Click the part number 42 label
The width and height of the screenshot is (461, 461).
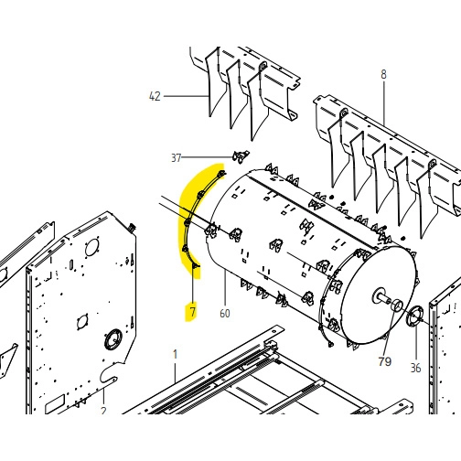(155, 96)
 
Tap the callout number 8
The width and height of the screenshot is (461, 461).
(383, 74)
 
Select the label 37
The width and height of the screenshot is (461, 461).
(176, 158)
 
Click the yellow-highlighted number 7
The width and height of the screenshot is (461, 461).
(193, 312)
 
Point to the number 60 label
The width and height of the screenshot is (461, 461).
(225, 313)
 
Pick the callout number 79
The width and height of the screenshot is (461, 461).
(384, 361)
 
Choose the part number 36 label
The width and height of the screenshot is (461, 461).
(415, 368)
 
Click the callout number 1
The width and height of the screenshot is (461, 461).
(175, 355)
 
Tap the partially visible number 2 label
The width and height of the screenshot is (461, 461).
(103, 411)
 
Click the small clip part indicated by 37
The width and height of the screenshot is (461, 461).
(241, 156)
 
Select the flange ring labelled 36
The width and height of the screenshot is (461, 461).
(414, 316)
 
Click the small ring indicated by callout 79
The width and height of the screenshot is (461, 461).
(397, 306)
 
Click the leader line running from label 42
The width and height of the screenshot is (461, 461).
(186, 96)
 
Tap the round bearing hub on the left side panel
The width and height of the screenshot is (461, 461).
(113, 339)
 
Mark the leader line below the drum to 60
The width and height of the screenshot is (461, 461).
(225, 287)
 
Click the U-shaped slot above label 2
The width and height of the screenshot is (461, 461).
(108, 374)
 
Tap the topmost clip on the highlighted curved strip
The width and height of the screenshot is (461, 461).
(221, 174)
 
